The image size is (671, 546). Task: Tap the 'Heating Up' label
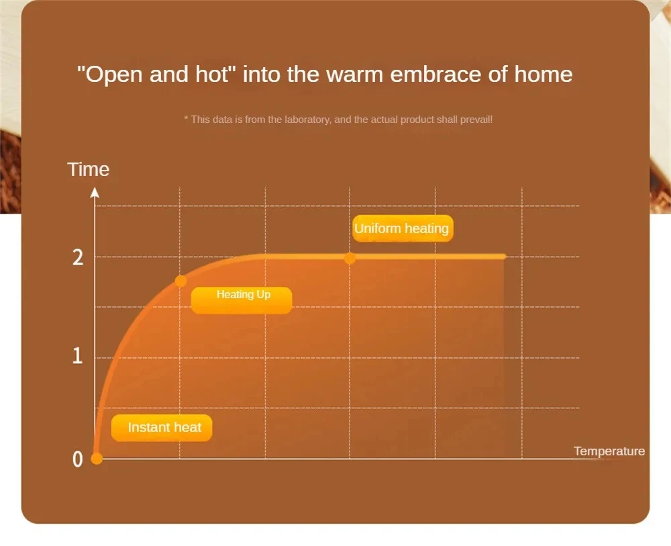[x=242, y=300]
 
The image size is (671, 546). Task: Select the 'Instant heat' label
[x=162, y=428]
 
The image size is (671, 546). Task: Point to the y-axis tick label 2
[x=78, y=258]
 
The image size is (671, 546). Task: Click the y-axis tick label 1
[x=77, y=356]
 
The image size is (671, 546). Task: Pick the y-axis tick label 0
[x=77, y=459]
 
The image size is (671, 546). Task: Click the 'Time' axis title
[x=88, y=169]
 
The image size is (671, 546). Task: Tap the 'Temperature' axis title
[x=609, y=451]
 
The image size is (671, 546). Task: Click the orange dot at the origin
[x=97, y=458]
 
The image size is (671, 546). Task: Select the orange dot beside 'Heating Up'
[x=180, y=281]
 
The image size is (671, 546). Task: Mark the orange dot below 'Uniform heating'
[x=350, y=259]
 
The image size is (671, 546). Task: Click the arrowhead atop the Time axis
[x=95, y=193]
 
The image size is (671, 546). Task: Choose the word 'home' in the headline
[x=543, y=74]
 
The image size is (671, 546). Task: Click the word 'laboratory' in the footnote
[x=307, y=120]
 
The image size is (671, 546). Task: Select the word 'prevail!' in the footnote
[x=476, y=120]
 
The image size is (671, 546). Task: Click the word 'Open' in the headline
[x=113, y=75]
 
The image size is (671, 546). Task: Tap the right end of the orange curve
[x=505, y=257]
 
